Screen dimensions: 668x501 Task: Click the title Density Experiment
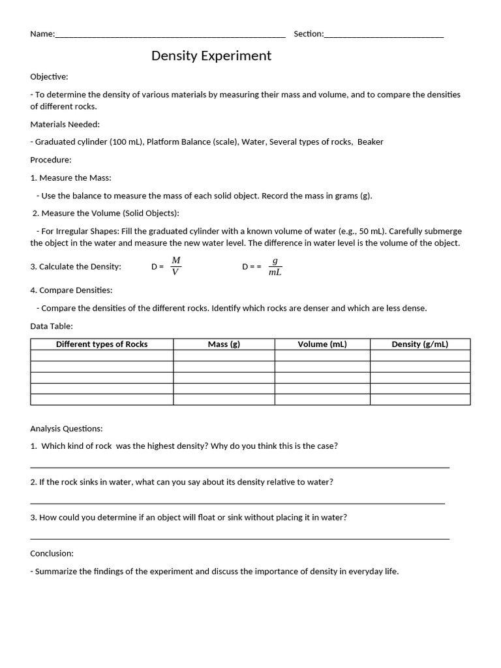coord(211,56)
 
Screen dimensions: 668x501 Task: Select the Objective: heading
coord(49,77)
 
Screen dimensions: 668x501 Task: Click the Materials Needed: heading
coord(65,124)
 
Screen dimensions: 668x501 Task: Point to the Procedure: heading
coord(51,160)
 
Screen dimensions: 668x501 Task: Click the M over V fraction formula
coord(175,266)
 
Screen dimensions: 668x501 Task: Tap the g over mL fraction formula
coord(275,266)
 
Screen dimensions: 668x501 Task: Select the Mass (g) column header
coord(224,344)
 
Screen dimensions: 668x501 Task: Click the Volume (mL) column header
coord(322,344)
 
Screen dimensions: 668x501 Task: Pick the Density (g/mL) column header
coord(419,344)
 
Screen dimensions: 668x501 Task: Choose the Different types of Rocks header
coord(102,344)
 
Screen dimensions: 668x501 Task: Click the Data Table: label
coord(52,326)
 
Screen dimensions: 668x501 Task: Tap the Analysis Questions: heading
coord(67,429)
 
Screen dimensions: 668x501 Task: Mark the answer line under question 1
coord(239,467)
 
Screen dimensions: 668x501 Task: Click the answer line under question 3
coord(239,538)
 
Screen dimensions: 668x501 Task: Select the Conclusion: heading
coord(52,553)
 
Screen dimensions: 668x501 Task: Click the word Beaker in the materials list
coord(371,142)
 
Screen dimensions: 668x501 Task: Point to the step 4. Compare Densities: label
coord(71,290)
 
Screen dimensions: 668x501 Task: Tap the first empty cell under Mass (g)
coord(224,356)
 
